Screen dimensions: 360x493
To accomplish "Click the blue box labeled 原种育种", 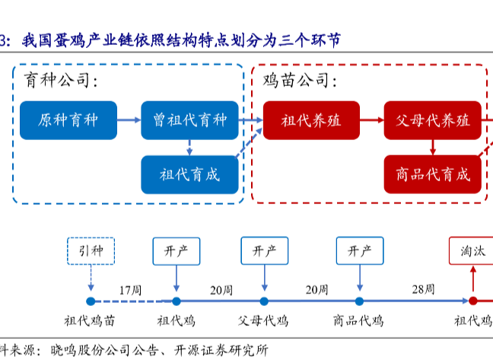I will pyautogui.click(x=68, y=120).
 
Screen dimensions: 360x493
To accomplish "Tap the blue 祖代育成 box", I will pyautogui.click(x=189, y=174).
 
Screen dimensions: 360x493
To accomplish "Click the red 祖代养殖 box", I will pyautogui.click(x=310, y=120).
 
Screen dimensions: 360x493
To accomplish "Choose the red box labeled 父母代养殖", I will pyautogui.click(x=432, y=120).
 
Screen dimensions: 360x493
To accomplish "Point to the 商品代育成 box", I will pyautogui.click(x=432, y=174).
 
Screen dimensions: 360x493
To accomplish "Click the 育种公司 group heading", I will pyautogui.click(x=62, y=80).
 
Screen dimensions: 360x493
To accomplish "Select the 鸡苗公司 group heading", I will pyautogui.click(x=300, y=80).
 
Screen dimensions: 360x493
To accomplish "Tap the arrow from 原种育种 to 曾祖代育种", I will pyautogui.click(x=129, y=120).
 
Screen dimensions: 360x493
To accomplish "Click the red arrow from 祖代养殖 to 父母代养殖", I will pyautogui.click(x=371, y=120).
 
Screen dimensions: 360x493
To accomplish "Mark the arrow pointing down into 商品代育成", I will pyautogui.click(x=432, y=147).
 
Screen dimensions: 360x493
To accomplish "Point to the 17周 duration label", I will pyautogui.click(x=130, y=290).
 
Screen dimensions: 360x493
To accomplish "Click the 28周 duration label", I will pyautogui.click(x=423, y=290).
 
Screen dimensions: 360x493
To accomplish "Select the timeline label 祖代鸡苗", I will pyautogui.click(x=90, y=320).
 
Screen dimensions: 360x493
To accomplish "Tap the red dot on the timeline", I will pyautogui.click(x=472, y=301).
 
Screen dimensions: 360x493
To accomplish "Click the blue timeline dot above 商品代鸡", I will pyautogui.click(x=359, y=301).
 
